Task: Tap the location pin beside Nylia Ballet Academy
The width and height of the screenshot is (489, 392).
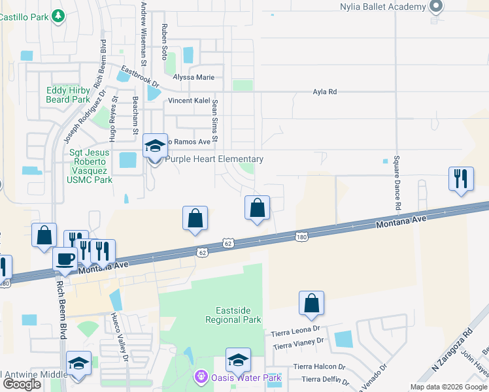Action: [436, 7]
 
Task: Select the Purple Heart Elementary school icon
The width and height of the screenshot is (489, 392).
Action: [155, 147]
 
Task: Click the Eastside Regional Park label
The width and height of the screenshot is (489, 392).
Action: [233, 315]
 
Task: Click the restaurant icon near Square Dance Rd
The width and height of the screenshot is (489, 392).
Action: [461, 178]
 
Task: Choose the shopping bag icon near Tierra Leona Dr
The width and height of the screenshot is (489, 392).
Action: [312, 303]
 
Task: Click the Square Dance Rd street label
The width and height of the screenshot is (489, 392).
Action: [396, 184]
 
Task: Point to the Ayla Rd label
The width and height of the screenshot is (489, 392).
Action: [324, 92]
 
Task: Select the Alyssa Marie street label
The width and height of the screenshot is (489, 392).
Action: [194, 77]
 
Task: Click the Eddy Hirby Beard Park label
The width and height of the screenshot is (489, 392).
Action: [67, 95]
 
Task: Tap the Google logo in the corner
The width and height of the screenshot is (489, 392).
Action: [21, 384]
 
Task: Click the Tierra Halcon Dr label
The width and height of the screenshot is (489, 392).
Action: [319, 367]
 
